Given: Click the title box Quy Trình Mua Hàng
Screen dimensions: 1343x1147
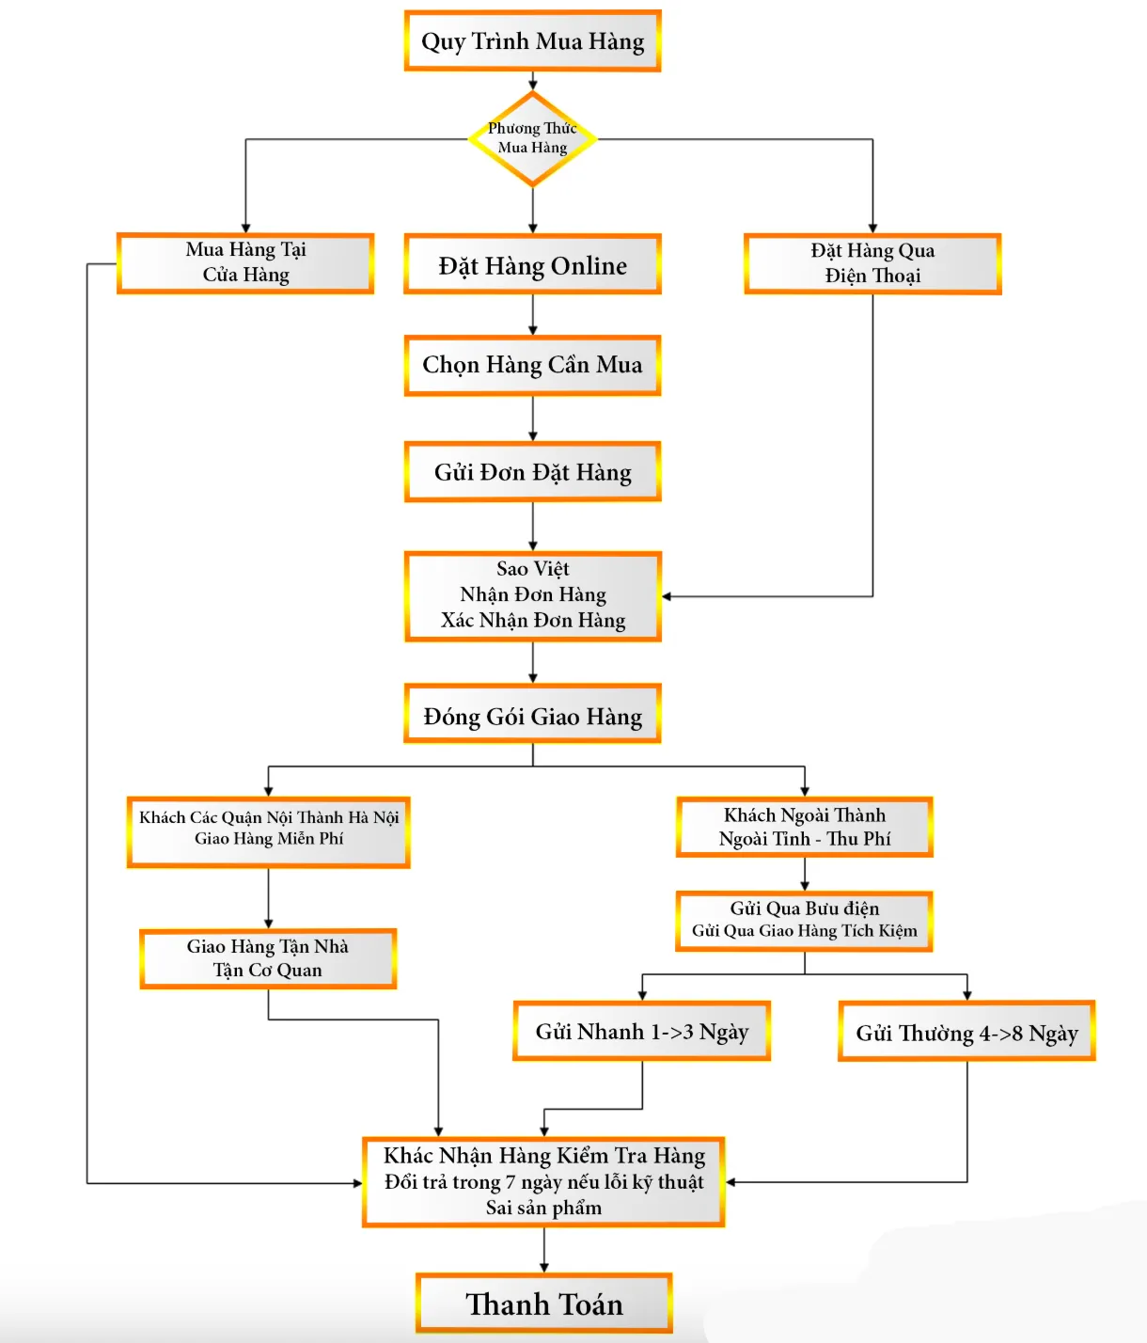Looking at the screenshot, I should point(532,41).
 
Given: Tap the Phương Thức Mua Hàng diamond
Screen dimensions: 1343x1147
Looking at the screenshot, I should point(532,139).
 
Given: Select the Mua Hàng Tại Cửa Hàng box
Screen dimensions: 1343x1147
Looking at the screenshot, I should point(245,263).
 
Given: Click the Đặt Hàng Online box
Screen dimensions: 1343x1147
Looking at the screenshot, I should point(532,265).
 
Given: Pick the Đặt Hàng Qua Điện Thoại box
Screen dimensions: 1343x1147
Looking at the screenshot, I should point(872,264).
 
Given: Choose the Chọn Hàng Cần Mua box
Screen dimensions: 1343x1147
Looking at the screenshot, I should point(532,365).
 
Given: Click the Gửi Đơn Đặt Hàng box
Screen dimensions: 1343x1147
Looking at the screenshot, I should point(532,472).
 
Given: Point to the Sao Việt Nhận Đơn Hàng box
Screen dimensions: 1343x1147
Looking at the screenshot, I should point(532,595).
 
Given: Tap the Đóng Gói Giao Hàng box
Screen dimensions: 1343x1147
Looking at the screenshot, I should point(532,716).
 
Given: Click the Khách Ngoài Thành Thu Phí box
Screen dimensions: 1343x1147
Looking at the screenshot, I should point(804,828).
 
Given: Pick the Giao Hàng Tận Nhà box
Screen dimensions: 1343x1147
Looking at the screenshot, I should point(268,958).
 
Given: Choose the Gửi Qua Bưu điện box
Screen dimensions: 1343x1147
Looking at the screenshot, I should point(804,921).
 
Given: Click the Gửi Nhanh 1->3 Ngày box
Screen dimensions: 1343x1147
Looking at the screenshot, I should point(641,1032).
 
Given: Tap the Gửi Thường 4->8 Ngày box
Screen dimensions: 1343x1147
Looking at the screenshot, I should point(966,1033).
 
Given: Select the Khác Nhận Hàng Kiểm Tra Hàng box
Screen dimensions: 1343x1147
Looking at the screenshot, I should point(543,1181).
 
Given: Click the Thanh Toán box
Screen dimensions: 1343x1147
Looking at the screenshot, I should point(543,1303).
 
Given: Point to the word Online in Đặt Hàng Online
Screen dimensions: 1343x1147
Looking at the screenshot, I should point(589,266).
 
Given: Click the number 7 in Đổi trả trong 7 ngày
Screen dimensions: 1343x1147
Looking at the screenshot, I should point(511,1182).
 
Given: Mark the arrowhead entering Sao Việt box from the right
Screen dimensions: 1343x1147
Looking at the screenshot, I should point(667,596).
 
